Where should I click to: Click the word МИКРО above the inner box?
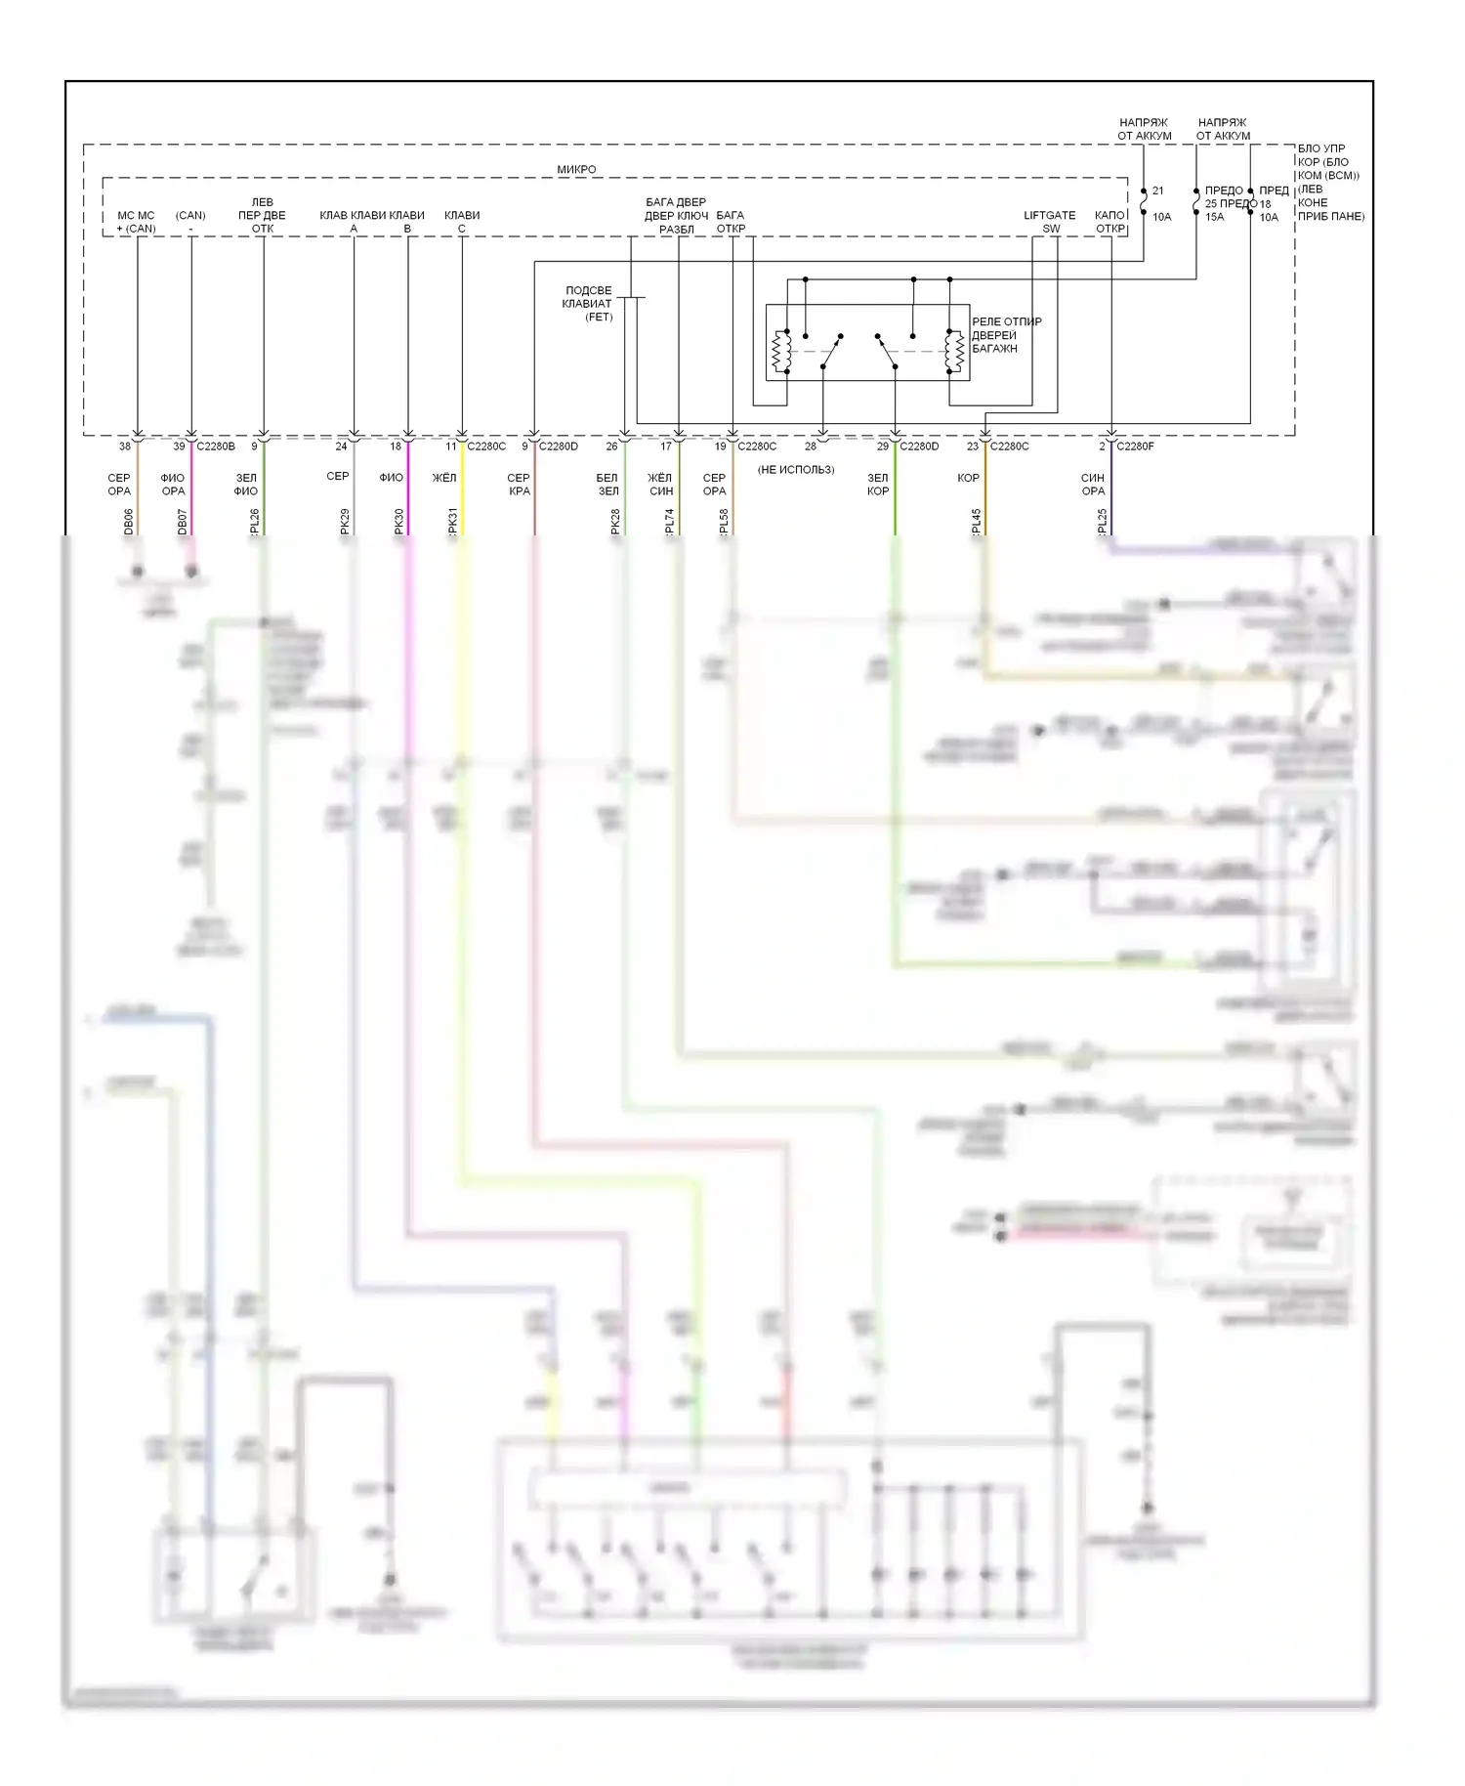tap(576, 169)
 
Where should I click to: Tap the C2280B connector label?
tap(216, 446)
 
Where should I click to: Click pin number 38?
tap(125, 446)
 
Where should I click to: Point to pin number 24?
tap(341, 446)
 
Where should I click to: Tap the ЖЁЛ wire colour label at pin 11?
tap(444, 478)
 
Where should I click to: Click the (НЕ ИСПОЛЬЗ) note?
tap(796, 470)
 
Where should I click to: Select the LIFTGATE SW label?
tap(1050, 222)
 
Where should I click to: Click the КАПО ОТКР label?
tap(1110, 222)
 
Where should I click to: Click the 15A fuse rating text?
tap(1214, 217)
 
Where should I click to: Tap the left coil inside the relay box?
tap(780, 353)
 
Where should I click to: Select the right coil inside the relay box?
tap(954, 353)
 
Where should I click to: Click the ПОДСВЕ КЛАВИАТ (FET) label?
tap(588, 304)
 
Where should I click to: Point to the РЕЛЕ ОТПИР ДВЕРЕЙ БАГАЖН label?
tap(1006, 335)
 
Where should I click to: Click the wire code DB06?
tap(129, 522)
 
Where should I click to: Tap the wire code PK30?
tap(399, 521)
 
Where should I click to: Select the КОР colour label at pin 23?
tap(968, 478)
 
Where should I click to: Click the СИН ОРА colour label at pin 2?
tap(1093, 485)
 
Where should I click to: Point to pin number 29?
tap(883, 446)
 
